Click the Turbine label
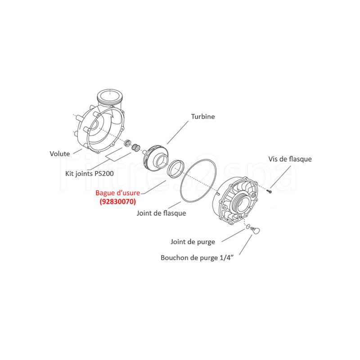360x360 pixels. point(203,117)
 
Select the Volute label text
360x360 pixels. point(60,153)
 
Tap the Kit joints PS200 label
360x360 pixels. point(90,173)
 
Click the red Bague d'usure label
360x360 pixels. point(117,193)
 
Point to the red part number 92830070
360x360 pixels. point(117,201)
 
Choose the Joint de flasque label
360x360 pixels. point(161,213)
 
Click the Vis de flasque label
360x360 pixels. point(290,159)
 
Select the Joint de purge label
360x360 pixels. point(193,242)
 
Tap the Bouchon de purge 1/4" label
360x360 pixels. point(197,257)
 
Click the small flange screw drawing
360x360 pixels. point(269,190)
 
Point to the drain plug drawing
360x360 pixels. point(255,230)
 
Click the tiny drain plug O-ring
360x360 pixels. point(248,227)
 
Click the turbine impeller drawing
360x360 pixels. point(155,158)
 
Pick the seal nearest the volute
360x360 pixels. point(127,143)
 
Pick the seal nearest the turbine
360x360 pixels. point(135,148)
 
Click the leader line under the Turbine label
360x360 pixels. point(177,132)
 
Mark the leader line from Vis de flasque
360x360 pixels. point(280,177)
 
